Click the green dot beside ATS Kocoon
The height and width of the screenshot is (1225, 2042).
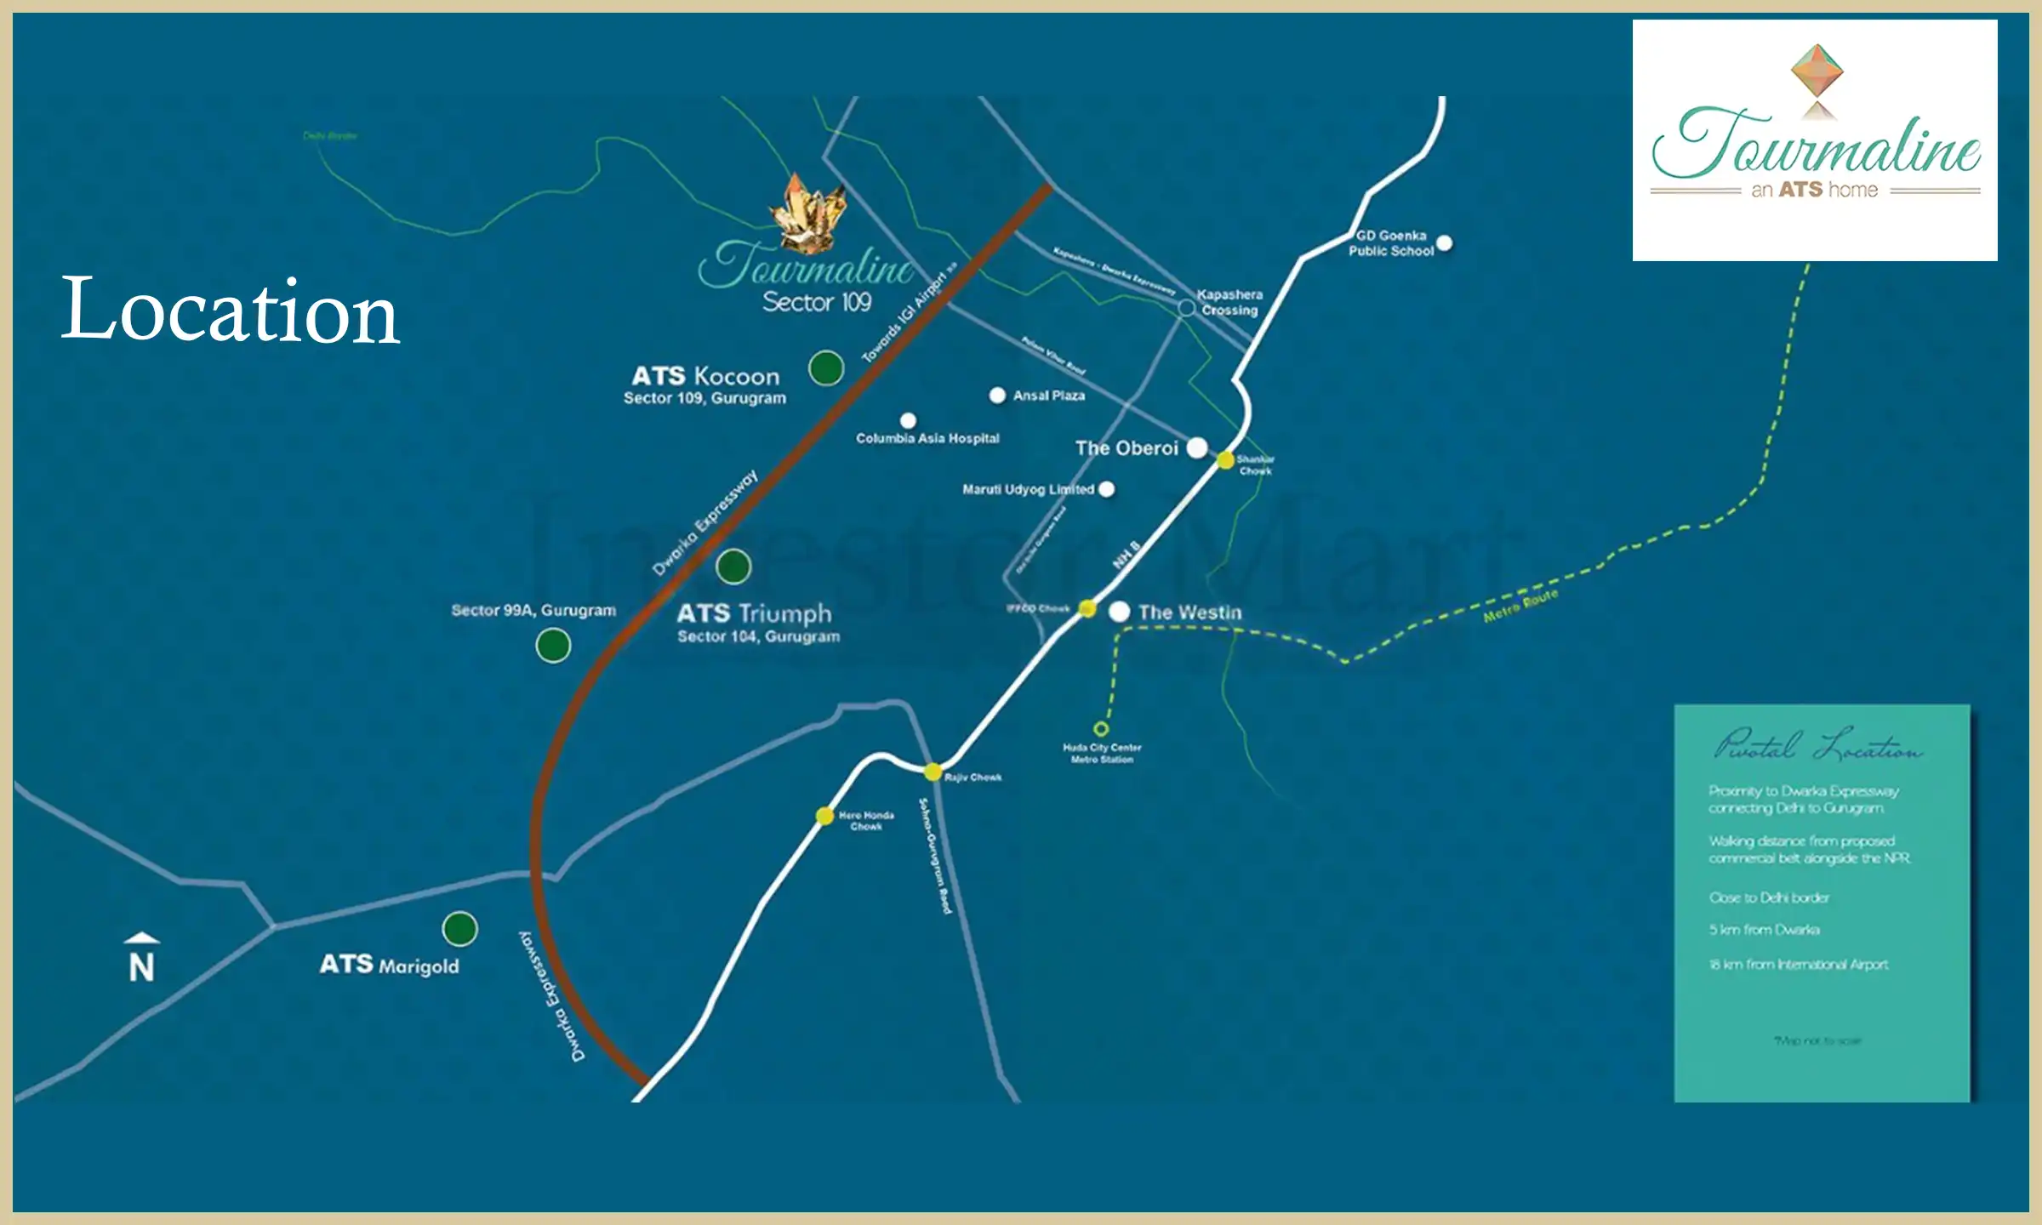[825, 368]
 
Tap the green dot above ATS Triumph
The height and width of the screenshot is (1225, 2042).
[733, 566]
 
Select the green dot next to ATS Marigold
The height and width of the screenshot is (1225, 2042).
[459, 928]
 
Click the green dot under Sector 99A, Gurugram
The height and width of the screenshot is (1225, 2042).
[553, 646]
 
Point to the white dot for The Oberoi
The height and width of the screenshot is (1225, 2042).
[1197, 447]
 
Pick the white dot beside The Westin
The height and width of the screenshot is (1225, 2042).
[1120, 612]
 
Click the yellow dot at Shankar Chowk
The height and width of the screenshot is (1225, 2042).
[1225, 460]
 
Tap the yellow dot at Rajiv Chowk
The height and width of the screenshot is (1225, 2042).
[933, 772]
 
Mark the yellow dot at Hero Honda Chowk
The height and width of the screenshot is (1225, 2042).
[824, 816]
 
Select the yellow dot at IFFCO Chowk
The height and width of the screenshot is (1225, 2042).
[1087, 608]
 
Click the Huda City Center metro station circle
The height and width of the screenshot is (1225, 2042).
[1101, 729]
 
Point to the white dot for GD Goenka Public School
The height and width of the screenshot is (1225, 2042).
[1444, 243]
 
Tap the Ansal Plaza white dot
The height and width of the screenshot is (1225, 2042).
[997, 396]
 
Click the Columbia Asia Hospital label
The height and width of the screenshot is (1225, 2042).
[927, 439]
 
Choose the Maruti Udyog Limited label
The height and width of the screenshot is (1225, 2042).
[1028, 490]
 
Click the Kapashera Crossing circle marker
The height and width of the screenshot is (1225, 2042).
[1186, 307]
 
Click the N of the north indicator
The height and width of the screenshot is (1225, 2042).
[142, 967]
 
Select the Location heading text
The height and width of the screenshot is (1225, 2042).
[230, 311]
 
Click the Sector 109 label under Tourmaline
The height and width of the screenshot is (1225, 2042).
[817, 302]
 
